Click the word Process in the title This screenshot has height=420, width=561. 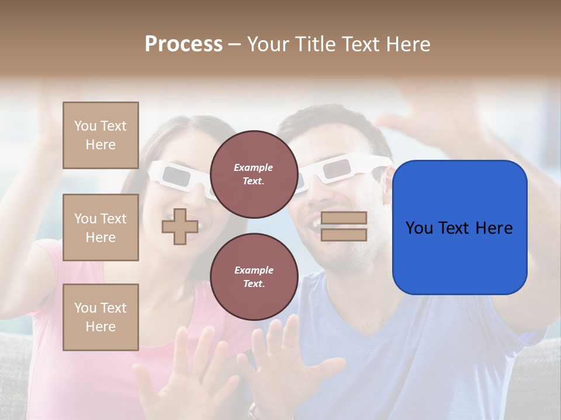pos(183,44)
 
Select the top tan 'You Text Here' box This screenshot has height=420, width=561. pos(101,135)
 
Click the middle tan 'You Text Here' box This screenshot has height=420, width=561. pos(101,228)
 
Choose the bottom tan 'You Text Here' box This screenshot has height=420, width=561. pos(101,317)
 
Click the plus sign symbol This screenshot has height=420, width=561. pos(180,226)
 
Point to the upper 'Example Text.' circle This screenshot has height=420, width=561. pos(254,174)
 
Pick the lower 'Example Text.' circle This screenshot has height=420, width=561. pos(254,276)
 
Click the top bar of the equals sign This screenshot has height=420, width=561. pos(344,218)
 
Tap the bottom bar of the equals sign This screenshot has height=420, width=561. pos(344,235)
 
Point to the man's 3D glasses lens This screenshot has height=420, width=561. pos(335,170)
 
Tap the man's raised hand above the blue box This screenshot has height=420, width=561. pos(421,125)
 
